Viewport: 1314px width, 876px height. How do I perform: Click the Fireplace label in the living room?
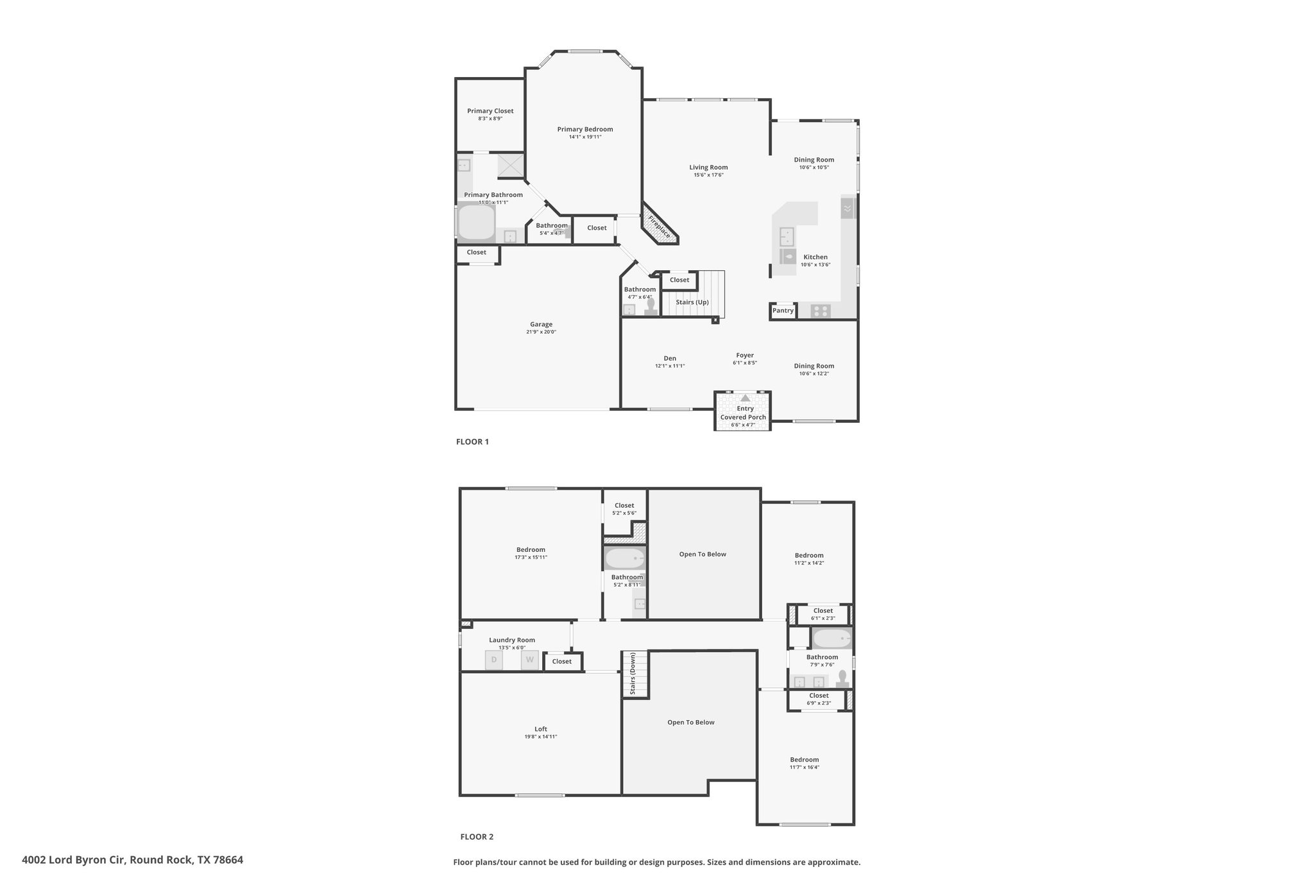(659, 226)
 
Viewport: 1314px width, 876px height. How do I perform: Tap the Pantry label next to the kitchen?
(783, 311)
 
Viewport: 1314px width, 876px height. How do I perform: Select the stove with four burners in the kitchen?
(820, 311)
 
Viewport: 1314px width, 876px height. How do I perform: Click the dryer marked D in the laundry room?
(494, 660)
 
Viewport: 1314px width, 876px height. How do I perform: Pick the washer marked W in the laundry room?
(530, 660)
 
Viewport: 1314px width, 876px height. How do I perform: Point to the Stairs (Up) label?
(692, 302)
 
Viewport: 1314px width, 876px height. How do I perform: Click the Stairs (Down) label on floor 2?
(633, 674)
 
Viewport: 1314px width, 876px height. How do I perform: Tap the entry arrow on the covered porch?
(745, 398)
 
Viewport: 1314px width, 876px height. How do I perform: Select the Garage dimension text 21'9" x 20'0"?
(542, 332)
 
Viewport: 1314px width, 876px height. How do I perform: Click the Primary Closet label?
(490, 111)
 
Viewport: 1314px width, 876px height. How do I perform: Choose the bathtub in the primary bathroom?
(476, 222)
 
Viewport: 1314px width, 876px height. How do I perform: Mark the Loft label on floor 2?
(541, 729)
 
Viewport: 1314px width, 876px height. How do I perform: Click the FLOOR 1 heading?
(472, 442)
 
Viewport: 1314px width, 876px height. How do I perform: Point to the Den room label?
(670, 359)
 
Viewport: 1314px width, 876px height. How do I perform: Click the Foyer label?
(745, 356)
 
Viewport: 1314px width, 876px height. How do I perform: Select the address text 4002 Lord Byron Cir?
(75, 860)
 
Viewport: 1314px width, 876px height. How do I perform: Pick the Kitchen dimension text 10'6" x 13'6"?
(815, 264)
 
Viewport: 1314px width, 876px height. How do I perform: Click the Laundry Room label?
(512, 640)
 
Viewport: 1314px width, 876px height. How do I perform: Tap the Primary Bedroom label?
(585, 129)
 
